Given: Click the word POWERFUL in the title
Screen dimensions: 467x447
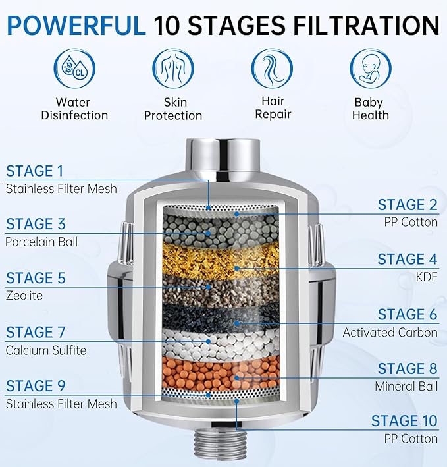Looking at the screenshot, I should pos(76,25).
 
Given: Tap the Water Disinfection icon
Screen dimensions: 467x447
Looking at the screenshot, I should pos(74,67).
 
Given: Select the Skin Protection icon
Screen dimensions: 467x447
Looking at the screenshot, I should pos(174,67).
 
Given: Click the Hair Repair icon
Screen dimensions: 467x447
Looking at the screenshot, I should pos(272,67).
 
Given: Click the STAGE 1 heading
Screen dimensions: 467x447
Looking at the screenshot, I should pos(35,171).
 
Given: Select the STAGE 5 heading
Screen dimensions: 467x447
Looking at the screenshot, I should pos(36,278).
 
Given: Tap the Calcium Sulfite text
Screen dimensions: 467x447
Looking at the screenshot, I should pos(45,350).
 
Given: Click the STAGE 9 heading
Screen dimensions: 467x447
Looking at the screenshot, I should pos(36,386).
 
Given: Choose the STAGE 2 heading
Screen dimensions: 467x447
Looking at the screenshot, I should pos(408,204).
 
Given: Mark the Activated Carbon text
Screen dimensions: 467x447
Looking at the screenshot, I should pos(390,333).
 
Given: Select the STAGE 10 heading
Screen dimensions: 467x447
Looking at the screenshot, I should pos(404,421).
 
